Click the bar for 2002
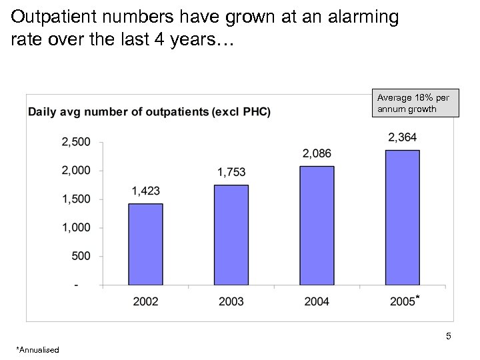(145, 244)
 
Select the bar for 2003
(231, 235)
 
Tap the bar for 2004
(317, 225)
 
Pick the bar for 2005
(402, 217)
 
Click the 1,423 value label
(145, 191)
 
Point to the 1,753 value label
(231, 173)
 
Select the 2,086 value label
(317, 154)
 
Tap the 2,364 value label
(402, 137)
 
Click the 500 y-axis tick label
(81, 257)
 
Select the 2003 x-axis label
(231, 302)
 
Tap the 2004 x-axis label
(317, 302)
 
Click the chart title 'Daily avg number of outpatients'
(149, 111)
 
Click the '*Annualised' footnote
(38, 350)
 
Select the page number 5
(449, 337)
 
